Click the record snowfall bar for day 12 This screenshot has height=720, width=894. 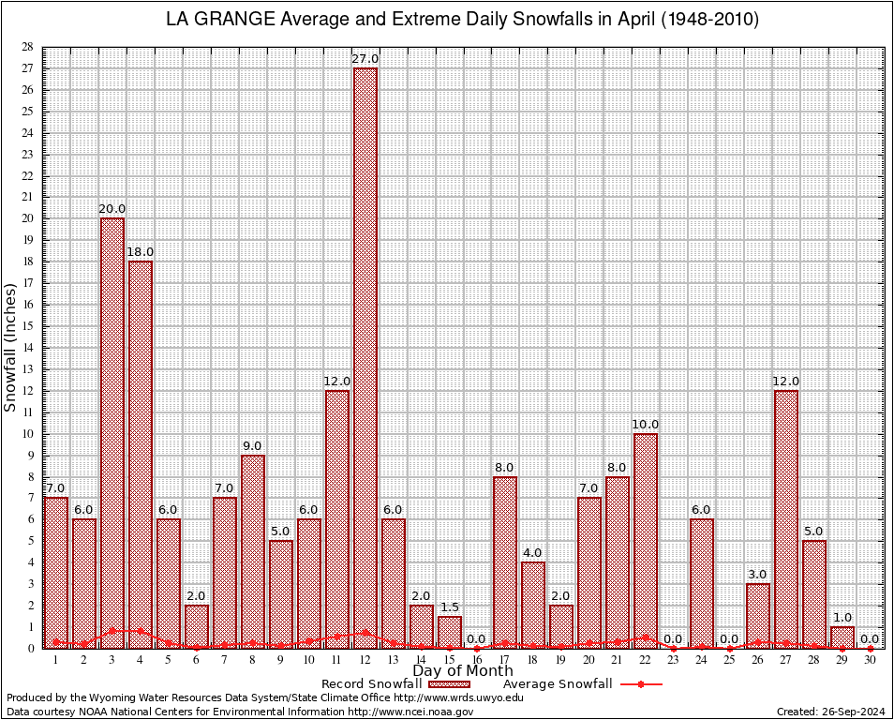click(365, 356)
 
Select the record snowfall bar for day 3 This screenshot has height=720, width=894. click(112, 431)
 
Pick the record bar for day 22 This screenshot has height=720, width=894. click(645, 539)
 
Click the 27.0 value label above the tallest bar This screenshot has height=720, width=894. click(365, 59)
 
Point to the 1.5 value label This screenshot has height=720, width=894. click(449, 607)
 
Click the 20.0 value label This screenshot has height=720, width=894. click(112, 209)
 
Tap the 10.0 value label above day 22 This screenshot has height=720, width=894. click(645, 425)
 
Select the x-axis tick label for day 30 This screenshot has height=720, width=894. click(870, 660)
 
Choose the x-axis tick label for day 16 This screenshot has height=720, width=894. click(477, 660)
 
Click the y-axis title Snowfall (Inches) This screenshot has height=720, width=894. click(11, 347)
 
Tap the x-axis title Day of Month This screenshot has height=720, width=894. click(463, 671)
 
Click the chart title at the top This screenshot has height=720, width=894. click(462, 20)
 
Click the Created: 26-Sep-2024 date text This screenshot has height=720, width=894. click(831, 712)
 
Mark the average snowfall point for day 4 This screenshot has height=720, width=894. click(141, 631)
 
